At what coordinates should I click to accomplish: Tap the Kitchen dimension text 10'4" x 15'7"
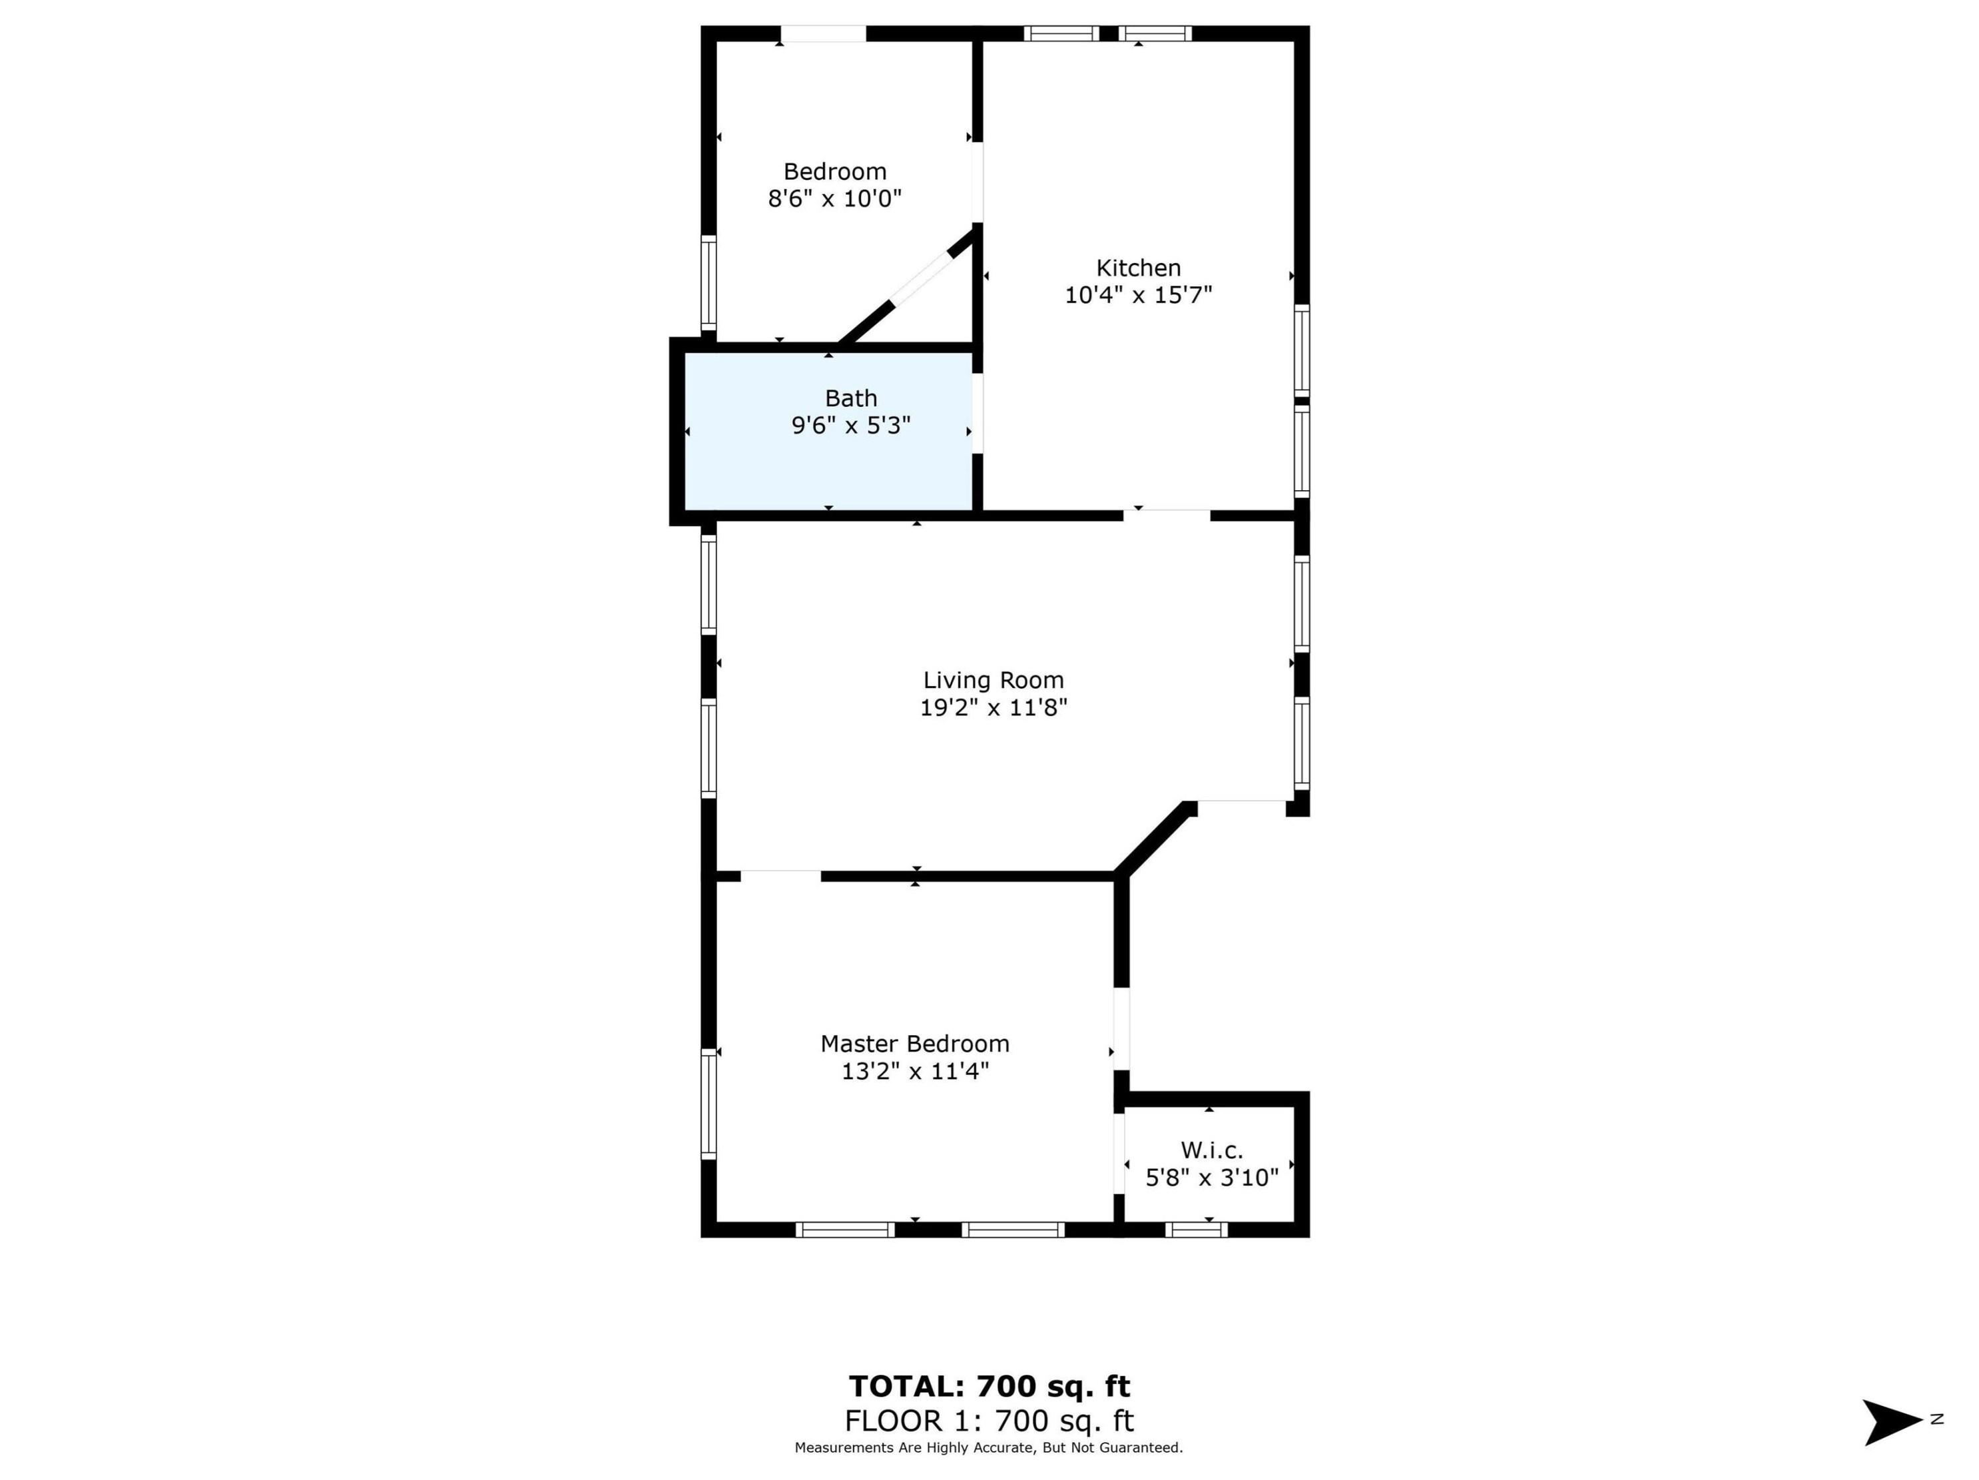point(1137,294)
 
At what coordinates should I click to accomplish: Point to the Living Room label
point(993,680)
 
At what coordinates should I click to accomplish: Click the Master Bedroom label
point(914,1043)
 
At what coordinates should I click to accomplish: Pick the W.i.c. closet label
point(1211,1150)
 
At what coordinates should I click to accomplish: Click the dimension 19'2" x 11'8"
point(993,708)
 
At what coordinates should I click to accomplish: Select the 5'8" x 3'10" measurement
point(1211,1178)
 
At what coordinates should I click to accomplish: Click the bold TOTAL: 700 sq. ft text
point(989,1386)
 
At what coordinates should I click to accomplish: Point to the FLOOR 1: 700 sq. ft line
point(989,1420)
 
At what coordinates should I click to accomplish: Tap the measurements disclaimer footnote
point(989,1447)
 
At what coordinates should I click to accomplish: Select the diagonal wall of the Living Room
point(1154,839)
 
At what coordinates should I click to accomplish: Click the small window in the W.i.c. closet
point(1195,1230)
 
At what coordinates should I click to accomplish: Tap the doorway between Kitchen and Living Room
point(1167,514)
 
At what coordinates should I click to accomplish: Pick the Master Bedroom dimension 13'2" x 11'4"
point(914,1071)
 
